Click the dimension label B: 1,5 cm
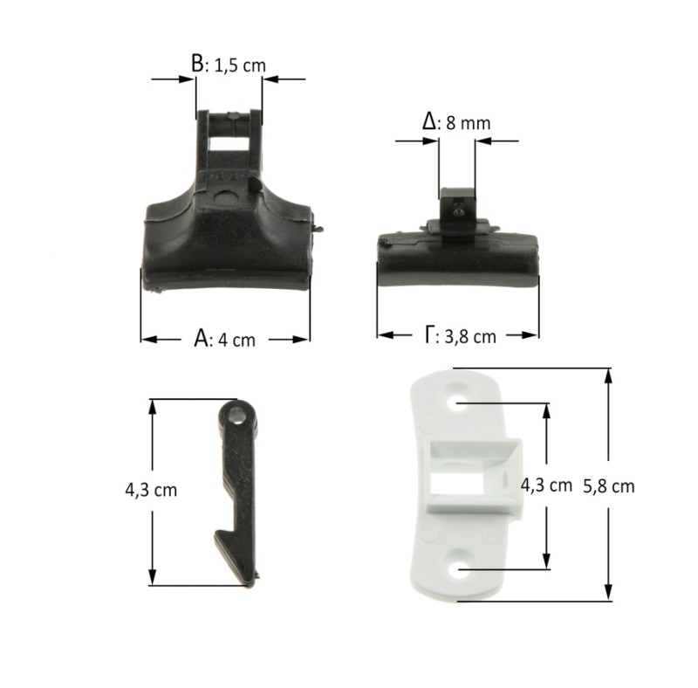[229, 65]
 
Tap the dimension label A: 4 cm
[225, 340]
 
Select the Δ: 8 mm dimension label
[456, 122]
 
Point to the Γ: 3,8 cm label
[460, 335]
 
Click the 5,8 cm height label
[608, 486]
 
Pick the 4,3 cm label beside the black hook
[151, 490]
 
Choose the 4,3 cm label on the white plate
[546, 485]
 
